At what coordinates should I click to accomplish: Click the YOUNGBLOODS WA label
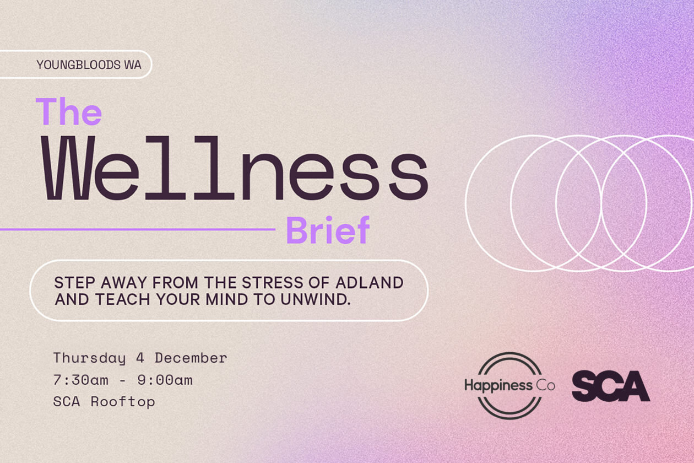coord(89,65)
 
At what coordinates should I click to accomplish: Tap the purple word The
coord(69,112)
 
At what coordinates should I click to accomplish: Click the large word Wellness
coord(235,168)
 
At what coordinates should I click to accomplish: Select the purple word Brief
coord(328,230)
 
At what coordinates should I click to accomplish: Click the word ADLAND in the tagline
coord(370,283)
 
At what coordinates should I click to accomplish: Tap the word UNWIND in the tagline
coord(316,299)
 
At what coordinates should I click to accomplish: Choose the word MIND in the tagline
coord(226,299)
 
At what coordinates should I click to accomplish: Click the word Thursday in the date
coord(90,358)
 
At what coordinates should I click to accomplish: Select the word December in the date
coord(191,358)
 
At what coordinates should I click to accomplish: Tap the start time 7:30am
coord(81,380)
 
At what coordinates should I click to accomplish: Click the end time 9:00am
coord(165,380)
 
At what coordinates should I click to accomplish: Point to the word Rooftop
coord(123,402)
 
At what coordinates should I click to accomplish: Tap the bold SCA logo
coord(611,386)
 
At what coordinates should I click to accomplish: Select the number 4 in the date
coord(140,358)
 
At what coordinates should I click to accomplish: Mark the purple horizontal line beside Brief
coord(138,229)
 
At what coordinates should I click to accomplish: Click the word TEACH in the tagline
coord(123,299)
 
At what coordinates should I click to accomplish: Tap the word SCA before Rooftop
coord(67,402)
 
